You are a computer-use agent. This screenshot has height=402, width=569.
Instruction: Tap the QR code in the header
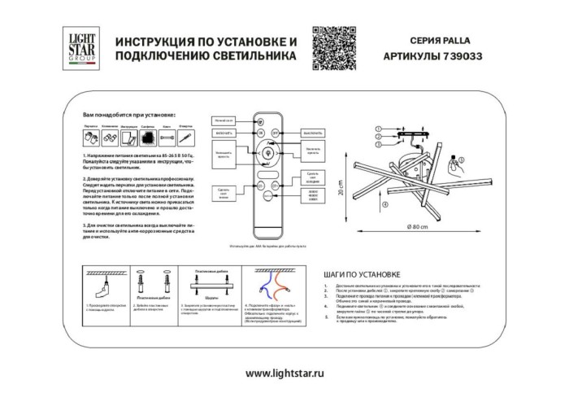coord(333,45)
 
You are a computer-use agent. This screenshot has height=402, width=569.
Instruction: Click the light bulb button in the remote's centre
coord(267,150)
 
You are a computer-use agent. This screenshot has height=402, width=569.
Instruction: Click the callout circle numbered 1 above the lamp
coord(377,129)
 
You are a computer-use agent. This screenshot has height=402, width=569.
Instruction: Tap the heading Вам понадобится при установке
coord(129,119)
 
